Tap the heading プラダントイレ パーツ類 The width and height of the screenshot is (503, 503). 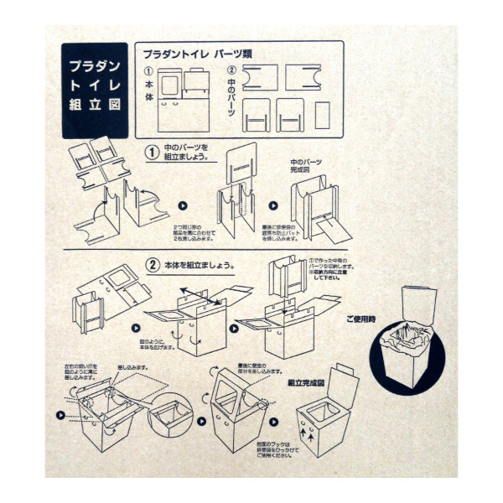pos(198,54)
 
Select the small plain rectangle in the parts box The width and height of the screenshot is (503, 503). pos(322,115)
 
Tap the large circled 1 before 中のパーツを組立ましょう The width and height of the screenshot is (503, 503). pos(152,153)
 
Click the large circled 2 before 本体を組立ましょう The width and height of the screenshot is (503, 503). pos(153,266)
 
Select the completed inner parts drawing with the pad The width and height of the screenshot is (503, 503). pos(319,210)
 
